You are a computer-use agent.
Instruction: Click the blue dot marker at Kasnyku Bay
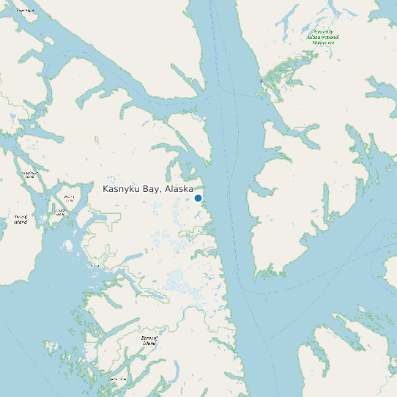click(198, 198)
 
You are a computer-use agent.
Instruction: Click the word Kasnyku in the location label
click(122, 189)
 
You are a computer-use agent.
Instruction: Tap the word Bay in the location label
click(152, 189)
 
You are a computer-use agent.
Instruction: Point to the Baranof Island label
click(149, 340)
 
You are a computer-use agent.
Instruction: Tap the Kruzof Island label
click(21, 219)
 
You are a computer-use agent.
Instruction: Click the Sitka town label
click(94, 265)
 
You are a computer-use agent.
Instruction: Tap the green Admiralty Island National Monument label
click(323, 37)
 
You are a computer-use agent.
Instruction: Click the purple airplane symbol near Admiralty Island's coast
click(261, 81)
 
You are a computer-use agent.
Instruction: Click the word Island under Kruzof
click(21, 221)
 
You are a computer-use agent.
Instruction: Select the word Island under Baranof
click(149, 343)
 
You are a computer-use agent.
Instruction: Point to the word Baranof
click(149, 338)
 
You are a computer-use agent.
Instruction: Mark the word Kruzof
click(21, 217)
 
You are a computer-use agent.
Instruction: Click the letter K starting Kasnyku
click(106, 189)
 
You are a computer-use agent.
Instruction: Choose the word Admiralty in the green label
click(323, 32)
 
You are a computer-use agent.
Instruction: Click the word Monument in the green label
click(323, 42)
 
